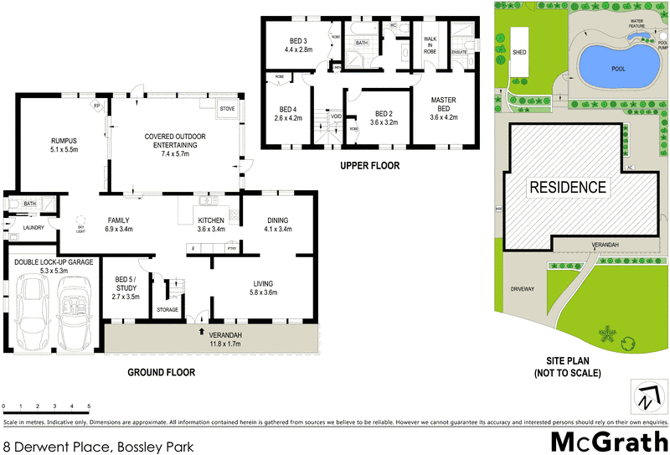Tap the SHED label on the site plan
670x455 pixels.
point(519,51)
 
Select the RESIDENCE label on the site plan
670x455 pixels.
point(567,187)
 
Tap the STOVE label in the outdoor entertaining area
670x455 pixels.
point(227,109)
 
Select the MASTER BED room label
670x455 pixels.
point(443,105)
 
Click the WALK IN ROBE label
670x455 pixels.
point(430,45)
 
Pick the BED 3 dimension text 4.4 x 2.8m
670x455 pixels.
point(298,49)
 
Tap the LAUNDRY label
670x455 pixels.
point(33,227)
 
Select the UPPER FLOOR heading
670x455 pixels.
point(369,166)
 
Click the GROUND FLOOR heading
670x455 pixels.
point(161,371)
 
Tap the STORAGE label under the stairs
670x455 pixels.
point(168,310)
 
